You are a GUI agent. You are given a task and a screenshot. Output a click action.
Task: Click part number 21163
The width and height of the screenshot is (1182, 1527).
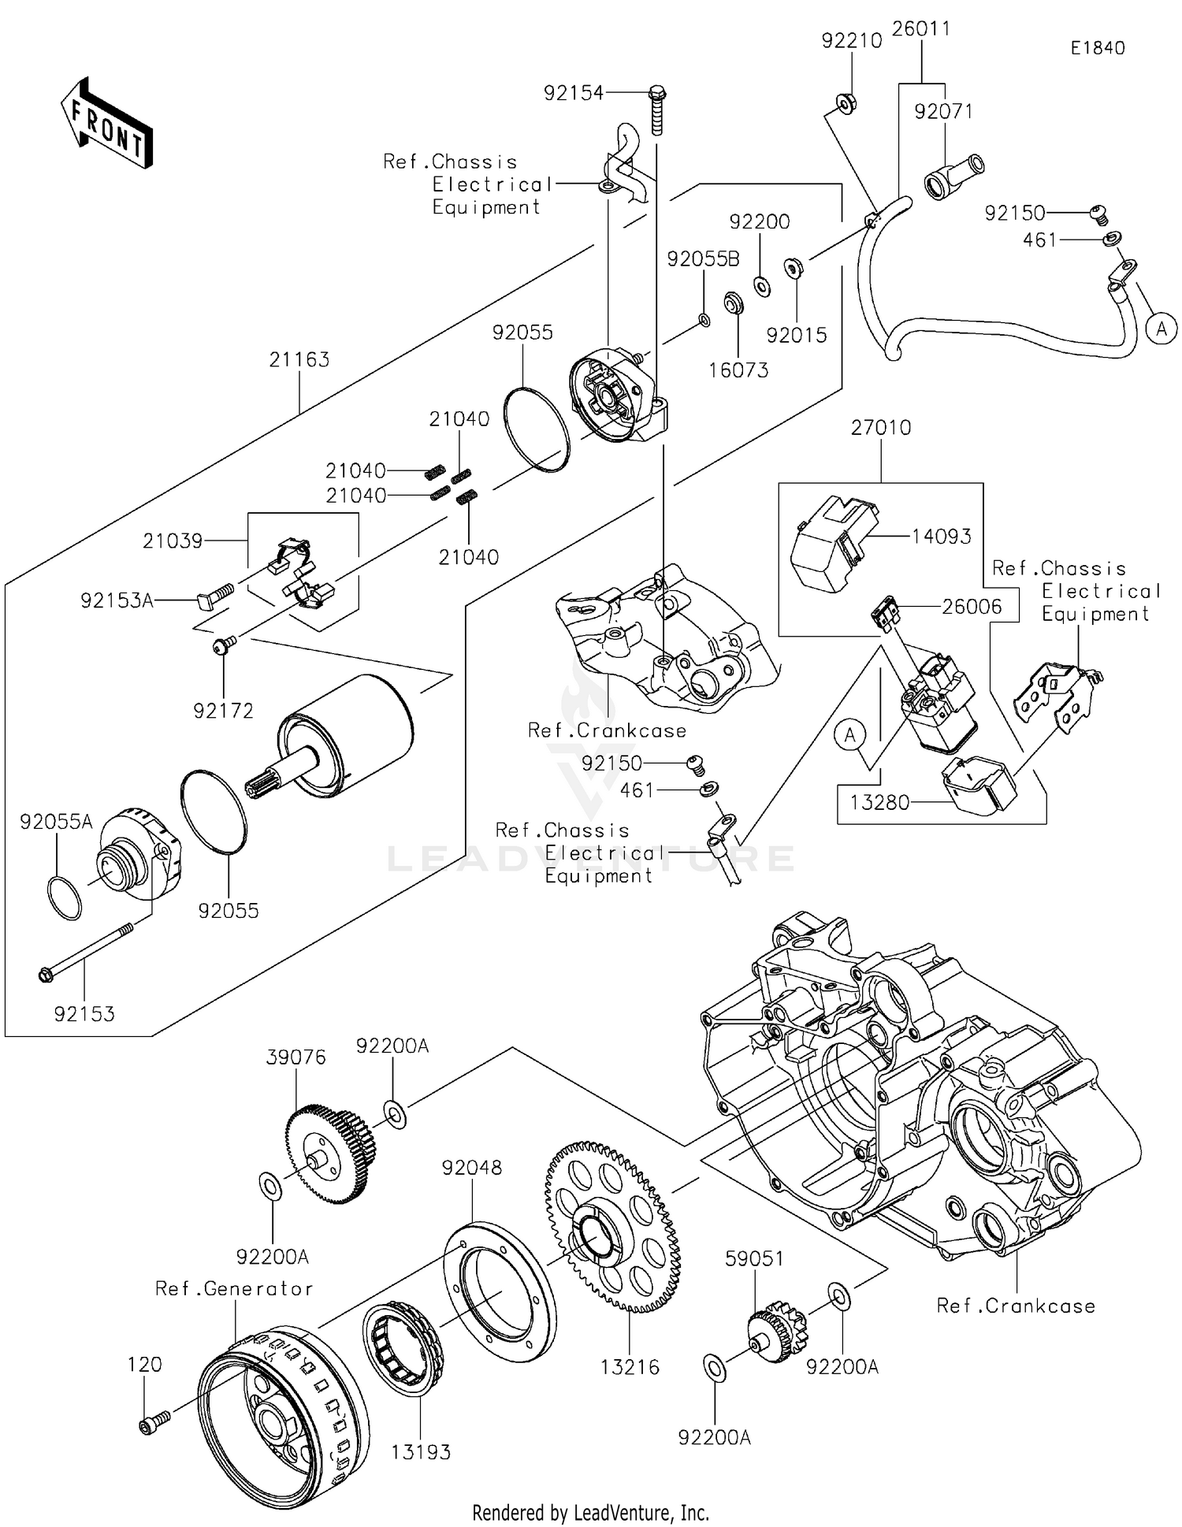click(x=299, y=360)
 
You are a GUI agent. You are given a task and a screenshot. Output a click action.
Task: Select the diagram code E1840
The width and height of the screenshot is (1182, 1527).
click(x=1097, y=48)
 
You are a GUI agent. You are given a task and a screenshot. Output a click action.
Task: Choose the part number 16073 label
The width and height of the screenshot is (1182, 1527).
click(x=738, y=370)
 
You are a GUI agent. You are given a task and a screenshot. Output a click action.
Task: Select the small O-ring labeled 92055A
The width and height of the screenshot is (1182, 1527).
click(x=64, y=897)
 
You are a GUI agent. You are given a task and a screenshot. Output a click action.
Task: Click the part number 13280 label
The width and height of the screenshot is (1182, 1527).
click(x=879, y=803)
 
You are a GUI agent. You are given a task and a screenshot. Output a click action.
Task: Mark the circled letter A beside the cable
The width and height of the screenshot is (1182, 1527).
click(x=1161, y=328)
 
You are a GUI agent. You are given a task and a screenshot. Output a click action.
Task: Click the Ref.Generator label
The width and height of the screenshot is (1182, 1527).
click(x=234, y=1288)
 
